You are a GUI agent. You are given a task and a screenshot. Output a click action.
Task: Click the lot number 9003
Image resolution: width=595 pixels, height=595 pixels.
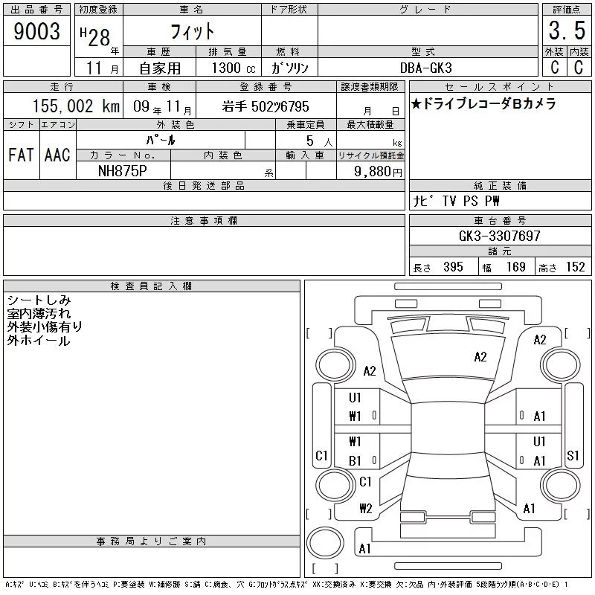click(36, 31)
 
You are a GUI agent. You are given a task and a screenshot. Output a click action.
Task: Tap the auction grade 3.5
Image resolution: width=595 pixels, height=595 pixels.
click(567, 30)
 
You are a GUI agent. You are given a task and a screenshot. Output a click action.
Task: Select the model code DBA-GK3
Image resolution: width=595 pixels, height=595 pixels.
click(425, 68)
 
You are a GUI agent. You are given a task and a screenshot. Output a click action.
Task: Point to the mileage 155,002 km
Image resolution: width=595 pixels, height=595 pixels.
click(76, 106)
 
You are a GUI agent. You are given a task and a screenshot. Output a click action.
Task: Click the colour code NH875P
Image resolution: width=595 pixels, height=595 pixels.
click(122, 171)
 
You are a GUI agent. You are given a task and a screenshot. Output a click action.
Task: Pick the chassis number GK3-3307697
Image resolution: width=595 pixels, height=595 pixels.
click(499, 236)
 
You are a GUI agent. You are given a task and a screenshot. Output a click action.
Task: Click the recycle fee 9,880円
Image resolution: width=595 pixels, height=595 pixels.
click(378, 172)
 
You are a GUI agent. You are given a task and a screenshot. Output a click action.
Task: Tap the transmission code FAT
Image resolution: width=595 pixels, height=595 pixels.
click(21, 155)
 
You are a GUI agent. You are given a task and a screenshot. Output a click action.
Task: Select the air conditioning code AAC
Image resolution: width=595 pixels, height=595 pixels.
click(57, 155)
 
